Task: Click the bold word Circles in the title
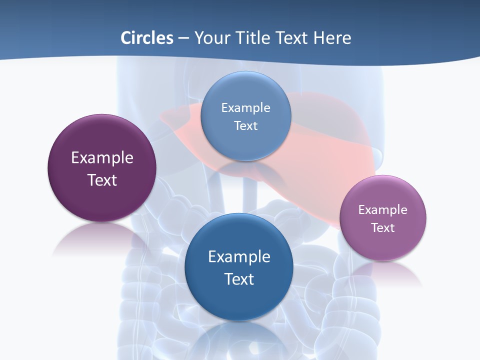(147, 38)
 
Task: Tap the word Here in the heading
(332, 38)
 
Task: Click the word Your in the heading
(211, 38)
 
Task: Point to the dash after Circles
(183, 38)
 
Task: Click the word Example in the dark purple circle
(102, 157)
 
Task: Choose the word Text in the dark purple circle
(102, 180)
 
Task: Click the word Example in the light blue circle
(245, 107)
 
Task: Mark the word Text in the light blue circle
(245, 125)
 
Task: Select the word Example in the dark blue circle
(239, 256)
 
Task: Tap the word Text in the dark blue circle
(239, 279)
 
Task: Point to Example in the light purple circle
(383, 209)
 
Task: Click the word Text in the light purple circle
(383, 227)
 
